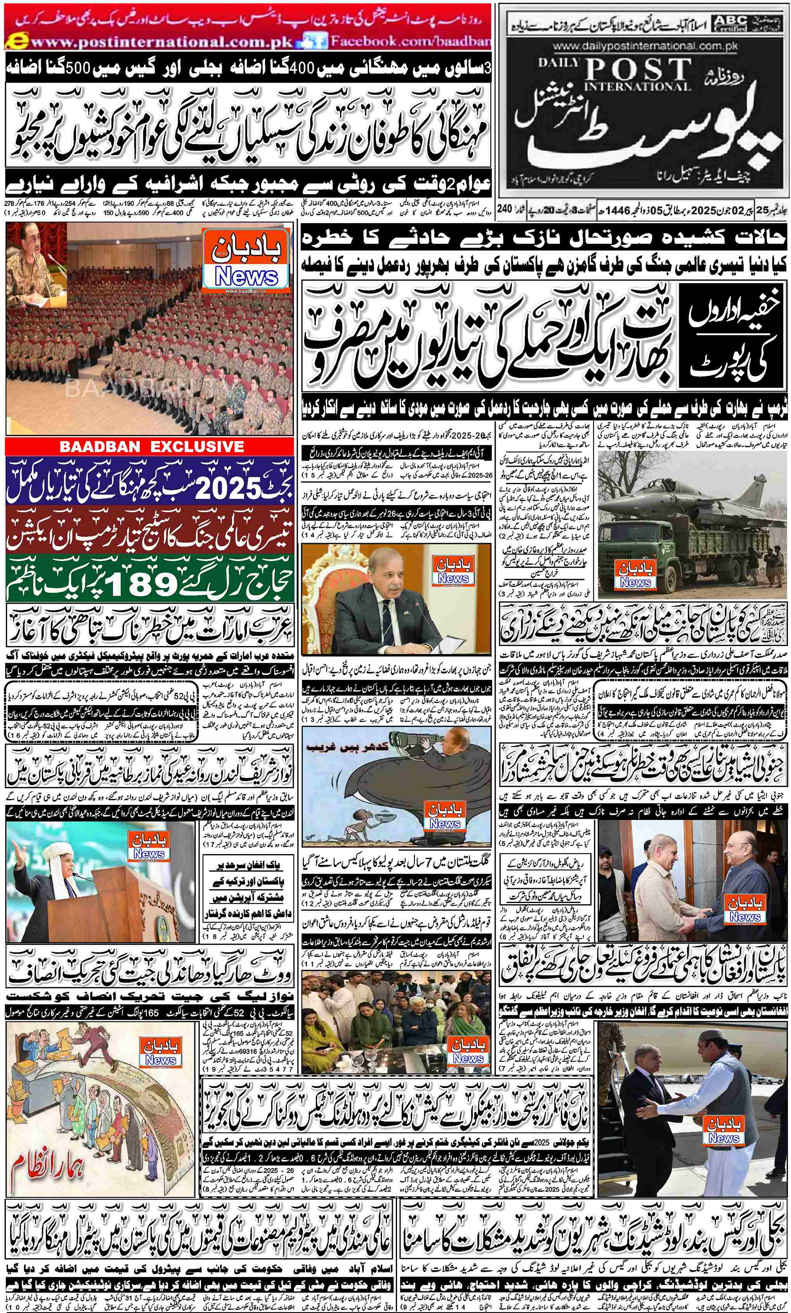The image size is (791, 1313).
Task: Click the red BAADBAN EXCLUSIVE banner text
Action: [150, 446]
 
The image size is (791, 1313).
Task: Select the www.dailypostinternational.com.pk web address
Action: [645, 46]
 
